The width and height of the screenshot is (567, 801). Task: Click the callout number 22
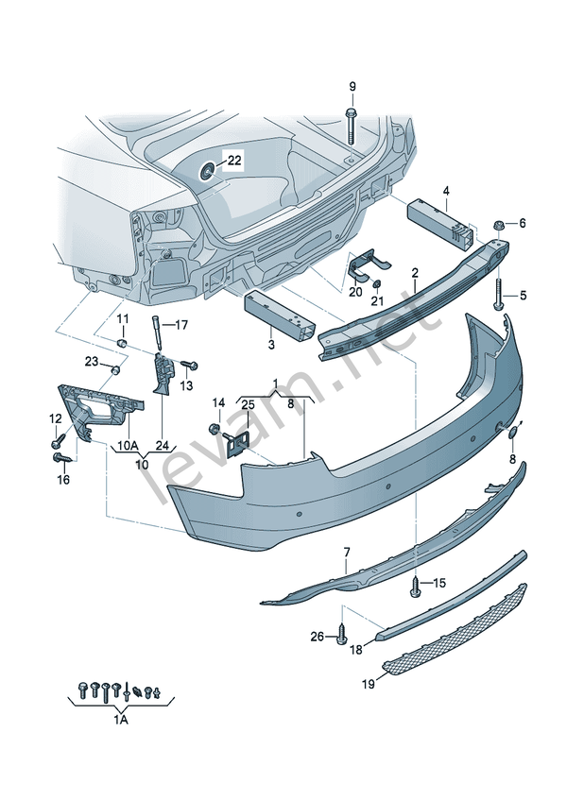coord(234,161)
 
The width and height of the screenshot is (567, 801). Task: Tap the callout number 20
coord(354,292)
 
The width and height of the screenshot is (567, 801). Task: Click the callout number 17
coord(182,325)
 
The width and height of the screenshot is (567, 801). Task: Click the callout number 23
coord(91,362)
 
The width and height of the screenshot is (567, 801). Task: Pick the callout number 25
coord(247,405)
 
